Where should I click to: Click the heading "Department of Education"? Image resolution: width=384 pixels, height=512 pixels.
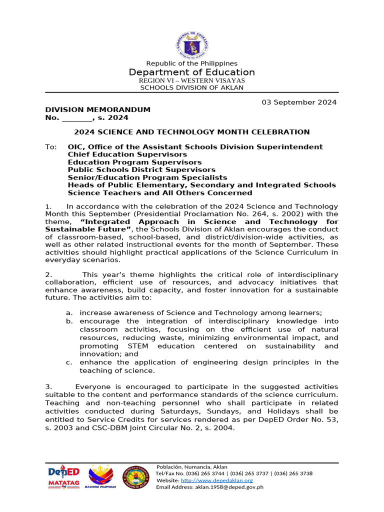pos(192,72)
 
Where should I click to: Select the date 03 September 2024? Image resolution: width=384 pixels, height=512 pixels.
pos(299,102)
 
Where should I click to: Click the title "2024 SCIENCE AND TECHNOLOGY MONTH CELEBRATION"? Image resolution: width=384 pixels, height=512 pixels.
pos(192,132)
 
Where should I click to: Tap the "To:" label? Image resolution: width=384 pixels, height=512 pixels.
pos(51,147)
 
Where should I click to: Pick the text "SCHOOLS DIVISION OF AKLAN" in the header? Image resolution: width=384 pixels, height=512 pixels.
pos(192,87)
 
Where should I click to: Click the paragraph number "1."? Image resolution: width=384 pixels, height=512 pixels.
pos(48,206)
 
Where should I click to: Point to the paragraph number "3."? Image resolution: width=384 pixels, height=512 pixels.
pos(48,387)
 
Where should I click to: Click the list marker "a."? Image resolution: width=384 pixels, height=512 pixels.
pos(69,313)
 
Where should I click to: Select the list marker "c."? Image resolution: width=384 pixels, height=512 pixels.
pos(69,362)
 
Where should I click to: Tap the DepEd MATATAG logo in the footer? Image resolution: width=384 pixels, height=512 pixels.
pos(63,477)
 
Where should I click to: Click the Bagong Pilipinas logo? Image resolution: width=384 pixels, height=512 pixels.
pos(100,476)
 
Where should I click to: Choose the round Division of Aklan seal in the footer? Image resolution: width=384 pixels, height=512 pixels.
pos(136,477)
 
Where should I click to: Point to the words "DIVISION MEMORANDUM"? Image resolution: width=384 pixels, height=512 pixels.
pos(98,110)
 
